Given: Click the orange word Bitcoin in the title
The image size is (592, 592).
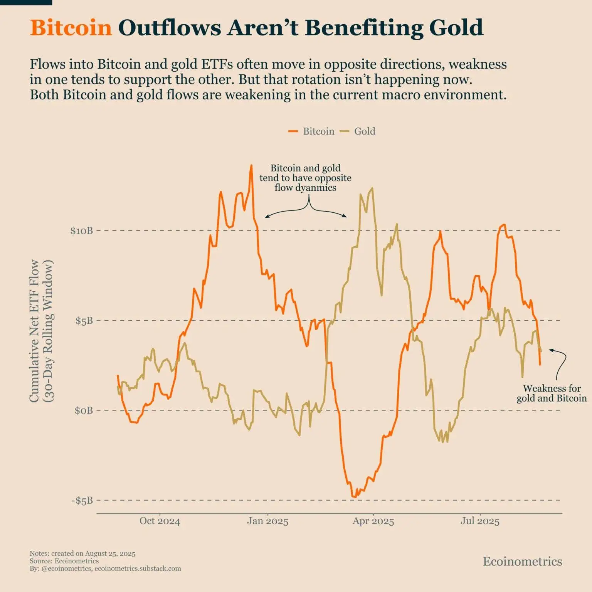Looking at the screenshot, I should point(71,28).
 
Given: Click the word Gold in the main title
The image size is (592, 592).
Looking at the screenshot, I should point(456,28).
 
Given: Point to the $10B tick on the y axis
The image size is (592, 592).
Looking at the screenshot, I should point(81,231).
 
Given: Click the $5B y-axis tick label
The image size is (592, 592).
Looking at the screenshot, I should point(84,321).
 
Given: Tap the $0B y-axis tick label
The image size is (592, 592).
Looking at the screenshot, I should point(84,410).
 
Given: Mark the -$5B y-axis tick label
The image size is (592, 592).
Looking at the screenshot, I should point(82,501).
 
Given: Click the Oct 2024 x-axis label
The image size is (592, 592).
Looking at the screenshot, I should point(160,521).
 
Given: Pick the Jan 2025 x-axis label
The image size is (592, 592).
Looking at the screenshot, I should point(267,521).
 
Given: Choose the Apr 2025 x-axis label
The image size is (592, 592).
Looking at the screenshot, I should point(373,521).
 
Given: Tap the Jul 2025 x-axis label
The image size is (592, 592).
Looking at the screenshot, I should point(480,521).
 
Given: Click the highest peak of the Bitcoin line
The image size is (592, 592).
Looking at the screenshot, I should point(252,165).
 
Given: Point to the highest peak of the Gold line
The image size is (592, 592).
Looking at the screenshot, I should point(372,188).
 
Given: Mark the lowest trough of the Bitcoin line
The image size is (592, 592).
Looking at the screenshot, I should point(354,497).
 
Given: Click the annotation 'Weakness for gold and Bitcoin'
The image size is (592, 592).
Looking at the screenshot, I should point(552,393).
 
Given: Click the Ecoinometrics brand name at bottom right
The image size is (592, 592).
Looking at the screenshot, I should point(522,561).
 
